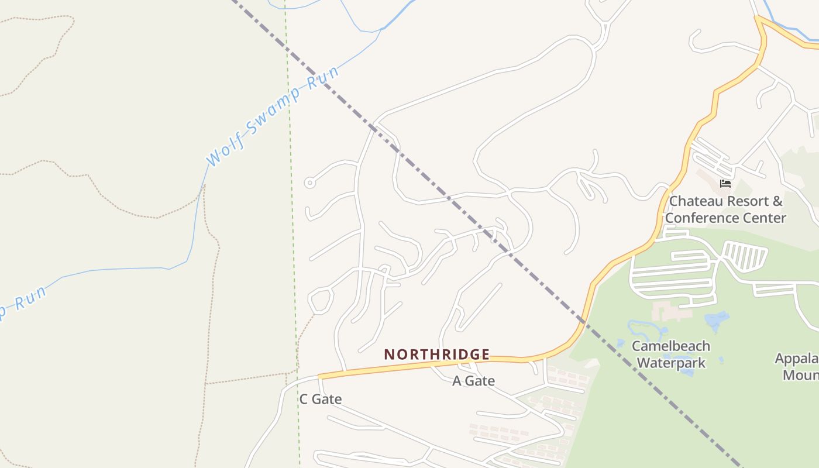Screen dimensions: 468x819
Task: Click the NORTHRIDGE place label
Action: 436,355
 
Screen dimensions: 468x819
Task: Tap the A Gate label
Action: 473,381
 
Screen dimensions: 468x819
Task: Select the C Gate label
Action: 320,399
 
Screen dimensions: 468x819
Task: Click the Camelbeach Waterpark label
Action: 670,354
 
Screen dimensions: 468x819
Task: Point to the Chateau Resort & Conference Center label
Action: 725,209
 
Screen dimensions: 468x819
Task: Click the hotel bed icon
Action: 725,184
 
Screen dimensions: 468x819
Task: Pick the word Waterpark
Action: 670,363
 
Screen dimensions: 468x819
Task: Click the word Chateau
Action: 695,201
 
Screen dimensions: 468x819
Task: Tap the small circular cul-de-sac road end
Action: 309,183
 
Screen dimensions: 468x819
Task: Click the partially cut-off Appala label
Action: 797,358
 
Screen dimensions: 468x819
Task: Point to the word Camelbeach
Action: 670,346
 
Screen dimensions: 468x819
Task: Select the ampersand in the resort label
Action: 777,201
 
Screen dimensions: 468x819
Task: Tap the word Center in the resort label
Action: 767,218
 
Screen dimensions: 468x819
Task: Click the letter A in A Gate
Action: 457,381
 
